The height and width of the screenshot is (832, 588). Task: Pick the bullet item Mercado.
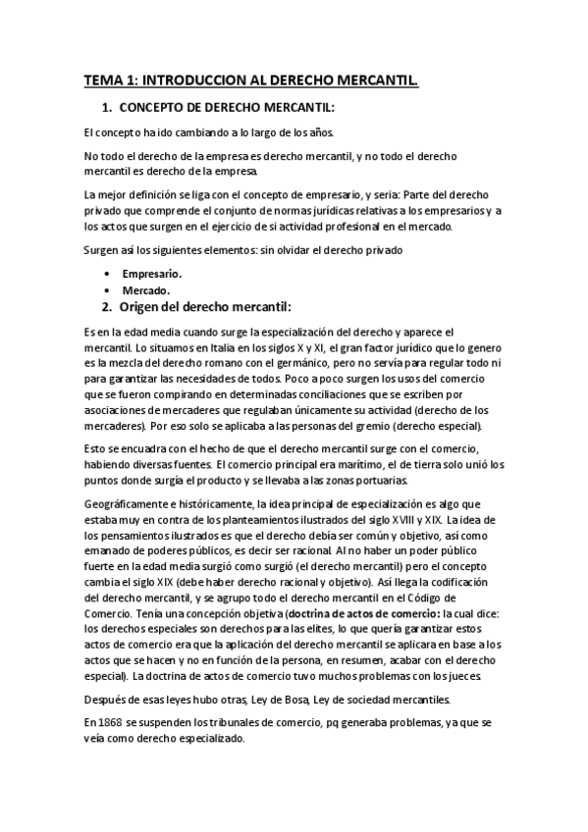146,290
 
